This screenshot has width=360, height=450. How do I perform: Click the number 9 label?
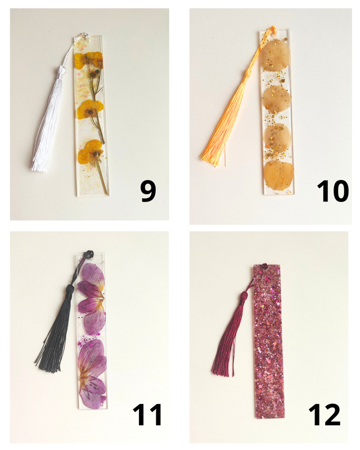coord(148,192)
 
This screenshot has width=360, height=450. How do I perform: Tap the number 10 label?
coord(333,191)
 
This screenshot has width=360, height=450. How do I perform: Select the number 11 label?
coord(147,415)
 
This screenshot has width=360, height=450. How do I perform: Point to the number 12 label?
coord(325,415)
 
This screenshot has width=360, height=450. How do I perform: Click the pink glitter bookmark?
coord(269,341)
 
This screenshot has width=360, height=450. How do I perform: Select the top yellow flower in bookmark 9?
coord(88,61)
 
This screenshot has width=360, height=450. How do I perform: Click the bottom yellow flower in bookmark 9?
coord(91,151)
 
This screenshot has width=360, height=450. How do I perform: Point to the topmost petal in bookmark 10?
coord(275,55)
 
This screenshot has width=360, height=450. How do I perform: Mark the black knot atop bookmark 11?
coord(88,255)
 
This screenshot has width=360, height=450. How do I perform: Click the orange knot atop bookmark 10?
coord(272,30)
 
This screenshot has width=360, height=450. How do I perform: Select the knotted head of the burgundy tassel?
coord(244,296)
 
